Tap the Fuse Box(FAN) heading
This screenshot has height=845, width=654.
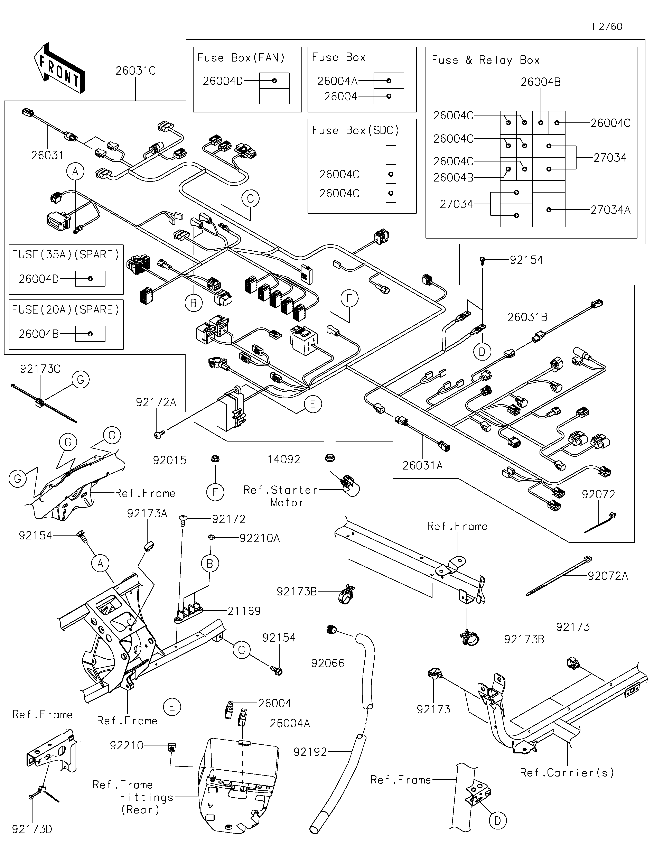[241, 58]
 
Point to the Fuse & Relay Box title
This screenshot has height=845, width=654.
[485, 60]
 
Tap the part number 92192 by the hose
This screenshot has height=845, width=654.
[310, 752]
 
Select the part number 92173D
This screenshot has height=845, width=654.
[32, 829]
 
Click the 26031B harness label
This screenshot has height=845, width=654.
[527, 317]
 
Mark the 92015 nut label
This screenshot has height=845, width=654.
[170, 460]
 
